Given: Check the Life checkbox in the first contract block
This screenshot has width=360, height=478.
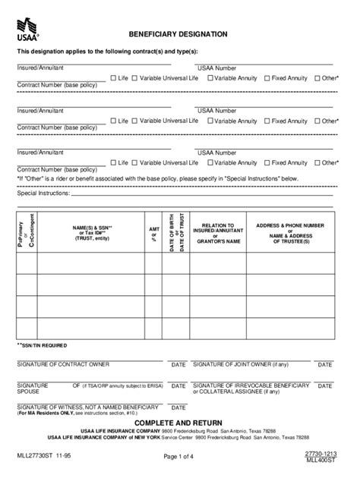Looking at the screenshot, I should pos(113,78).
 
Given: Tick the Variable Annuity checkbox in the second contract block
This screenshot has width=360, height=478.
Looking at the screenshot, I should pos(209,121).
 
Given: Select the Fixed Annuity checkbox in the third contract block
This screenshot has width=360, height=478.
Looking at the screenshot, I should pos(267,162).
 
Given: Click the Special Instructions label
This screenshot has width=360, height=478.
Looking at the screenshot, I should pos(44,193).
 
